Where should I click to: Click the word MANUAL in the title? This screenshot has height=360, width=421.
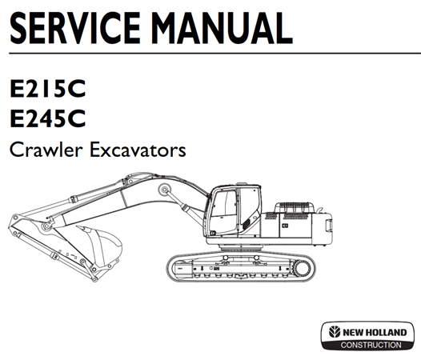click(x=222, y=28)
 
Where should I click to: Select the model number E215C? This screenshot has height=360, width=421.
click(x=47, y=89)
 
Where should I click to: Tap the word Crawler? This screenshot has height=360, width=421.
click(x=46, y=150)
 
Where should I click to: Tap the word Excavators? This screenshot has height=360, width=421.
click(x=138, y=150)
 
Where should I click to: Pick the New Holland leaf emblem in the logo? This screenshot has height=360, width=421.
click(x=335, y=332)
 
